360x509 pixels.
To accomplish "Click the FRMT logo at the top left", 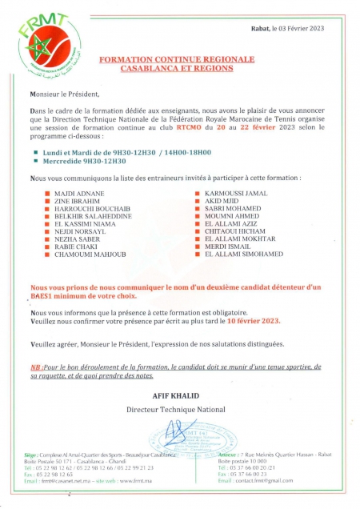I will (37, 49).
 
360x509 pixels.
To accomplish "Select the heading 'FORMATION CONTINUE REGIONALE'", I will (177, 60).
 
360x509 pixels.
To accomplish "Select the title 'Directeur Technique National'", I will (177, 409).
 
